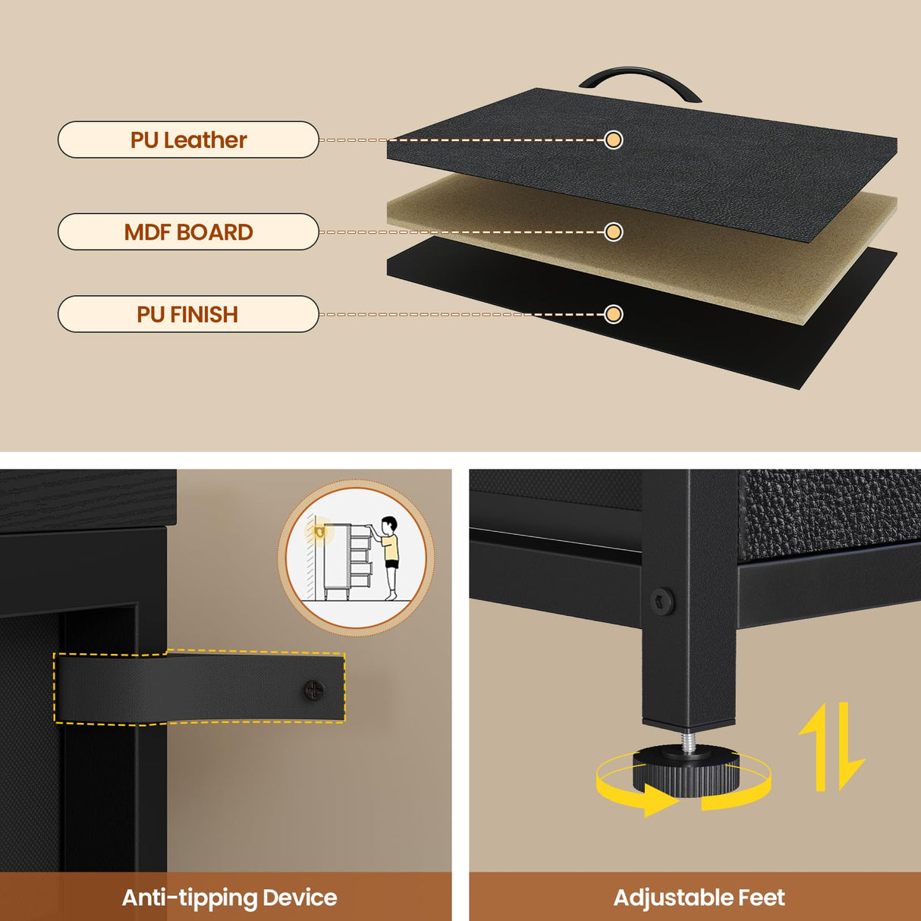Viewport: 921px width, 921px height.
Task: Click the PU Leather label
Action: pyautogui.click(x=188, y=140)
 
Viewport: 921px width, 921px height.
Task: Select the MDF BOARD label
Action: pyautogui.click(x=188, y=232)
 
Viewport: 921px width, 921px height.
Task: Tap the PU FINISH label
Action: pyautogui.click(x=188, y=314)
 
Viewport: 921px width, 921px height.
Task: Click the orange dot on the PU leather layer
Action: pyautogui.click(x=613, y=140)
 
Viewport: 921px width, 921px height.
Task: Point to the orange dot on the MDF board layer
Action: pyautogui.click(x=613, y=232)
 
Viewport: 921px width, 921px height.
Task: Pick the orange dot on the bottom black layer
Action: pyautogui.click(x=613, y=314)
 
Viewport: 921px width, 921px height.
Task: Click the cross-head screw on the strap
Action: pyautogui.click(x=314, y=690)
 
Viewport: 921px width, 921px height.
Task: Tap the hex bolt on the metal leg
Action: pyautogui.click(x=662, y=601)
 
